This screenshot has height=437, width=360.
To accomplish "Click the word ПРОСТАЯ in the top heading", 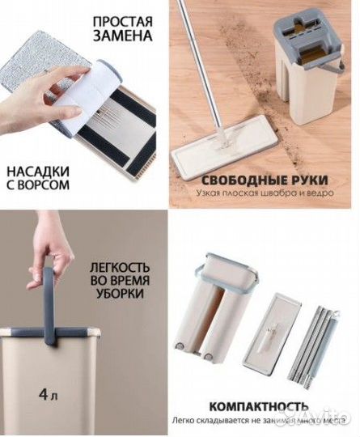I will click(123, 20).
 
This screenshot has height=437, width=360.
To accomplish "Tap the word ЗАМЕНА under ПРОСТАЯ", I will click(123, 37).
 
